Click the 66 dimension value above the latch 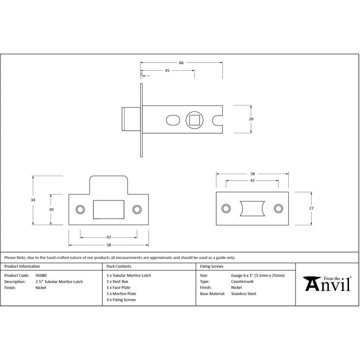click(x=181, y=63)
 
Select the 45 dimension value click(x=167, y=70)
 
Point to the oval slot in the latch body click(x=173, y=120)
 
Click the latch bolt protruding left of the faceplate click(x=131, y=119)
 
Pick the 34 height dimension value click(x=33, y=200)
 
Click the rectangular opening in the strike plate click(x=109, y=210)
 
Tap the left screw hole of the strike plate click(x=80, y=210)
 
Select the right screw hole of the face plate click(x=278, y=208)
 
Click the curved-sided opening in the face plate click(x=252, y=208)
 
